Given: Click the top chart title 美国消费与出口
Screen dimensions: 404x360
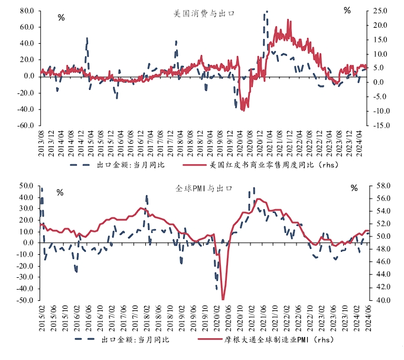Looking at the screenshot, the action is tap(204, 14).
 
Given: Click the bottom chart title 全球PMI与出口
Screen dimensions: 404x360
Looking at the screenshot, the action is tap(204, 189).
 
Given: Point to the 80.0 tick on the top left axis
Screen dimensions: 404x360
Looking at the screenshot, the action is tap(27, 11).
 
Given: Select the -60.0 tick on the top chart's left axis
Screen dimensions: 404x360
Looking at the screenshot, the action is tap(26, 125).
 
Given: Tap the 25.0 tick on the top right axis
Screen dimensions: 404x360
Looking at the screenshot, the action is tap(380, 11).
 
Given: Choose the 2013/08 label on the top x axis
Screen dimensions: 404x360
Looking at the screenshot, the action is tap(41, 144).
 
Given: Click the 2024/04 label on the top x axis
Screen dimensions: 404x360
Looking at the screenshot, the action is tap(359, 144).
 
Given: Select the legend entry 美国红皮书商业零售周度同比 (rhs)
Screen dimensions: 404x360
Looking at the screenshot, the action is tap(260, 165).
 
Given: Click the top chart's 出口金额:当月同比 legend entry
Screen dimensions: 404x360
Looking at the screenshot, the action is tap(117, 165).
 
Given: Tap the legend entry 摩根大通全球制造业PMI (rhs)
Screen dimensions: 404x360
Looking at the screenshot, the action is tap(266, 340).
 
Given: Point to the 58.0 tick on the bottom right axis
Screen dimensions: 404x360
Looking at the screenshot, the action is tap(383, 186).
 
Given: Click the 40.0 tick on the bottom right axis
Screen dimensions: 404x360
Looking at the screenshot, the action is tap(383, 300).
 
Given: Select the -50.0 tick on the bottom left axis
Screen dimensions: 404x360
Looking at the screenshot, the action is tap(25, 300).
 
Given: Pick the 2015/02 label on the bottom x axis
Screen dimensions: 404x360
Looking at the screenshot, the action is tap(42, 319).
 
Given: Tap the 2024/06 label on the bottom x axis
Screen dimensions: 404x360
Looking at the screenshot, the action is tap(369, 319).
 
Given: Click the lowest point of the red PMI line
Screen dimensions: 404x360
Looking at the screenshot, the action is tap(223, 299).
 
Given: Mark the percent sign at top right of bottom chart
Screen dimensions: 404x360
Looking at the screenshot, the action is tap(354, 188).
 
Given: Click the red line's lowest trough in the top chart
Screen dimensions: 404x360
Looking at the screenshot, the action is tap(243, 111).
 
